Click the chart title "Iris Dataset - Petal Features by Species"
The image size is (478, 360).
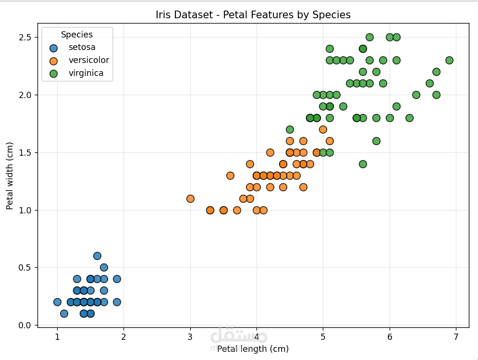[x=253, y=15]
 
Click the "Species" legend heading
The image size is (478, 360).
[x=77, y=35]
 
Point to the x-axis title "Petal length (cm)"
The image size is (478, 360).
[x=253, y=349]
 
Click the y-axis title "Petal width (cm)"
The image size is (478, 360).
[x=10, y=175]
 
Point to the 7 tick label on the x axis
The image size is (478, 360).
[x=456, y=336]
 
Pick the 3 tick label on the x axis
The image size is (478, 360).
[x=190, y=336]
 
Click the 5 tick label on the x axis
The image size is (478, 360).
[x=323, y=336]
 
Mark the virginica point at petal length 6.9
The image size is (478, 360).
[x=449, y=60]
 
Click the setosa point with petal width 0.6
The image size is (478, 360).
[x=97, y=256]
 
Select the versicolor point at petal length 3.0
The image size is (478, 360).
[x=190, y=199]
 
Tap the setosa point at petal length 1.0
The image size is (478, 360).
[x=57, y=302]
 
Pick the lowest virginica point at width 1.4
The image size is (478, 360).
[x=363, y=164]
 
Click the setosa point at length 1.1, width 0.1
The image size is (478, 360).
[x=64, y=313]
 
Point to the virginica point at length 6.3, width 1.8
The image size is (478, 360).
[x=409, y=118]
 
